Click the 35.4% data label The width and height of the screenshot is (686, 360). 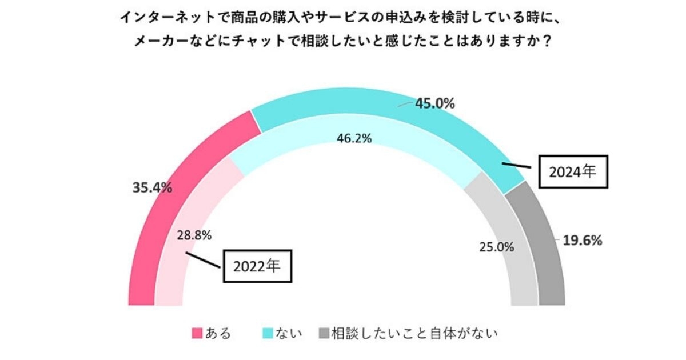[x=152, y=187]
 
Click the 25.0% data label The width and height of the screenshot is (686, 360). [x=496, y=247]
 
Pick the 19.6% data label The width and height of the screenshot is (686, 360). [x=583, y=241]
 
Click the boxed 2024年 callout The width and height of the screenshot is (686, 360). [x=573, y=171]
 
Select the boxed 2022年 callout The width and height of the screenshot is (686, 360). [x=257, y=266]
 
